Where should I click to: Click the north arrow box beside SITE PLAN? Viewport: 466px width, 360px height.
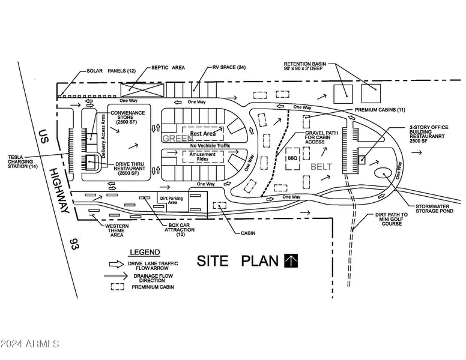click(x=292, y=260)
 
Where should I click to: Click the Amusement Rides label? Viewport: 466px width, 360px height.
click(x=202, y=155)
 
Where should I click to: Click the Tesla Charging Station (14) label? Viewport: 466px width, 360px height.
click(x=23, y=162)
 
